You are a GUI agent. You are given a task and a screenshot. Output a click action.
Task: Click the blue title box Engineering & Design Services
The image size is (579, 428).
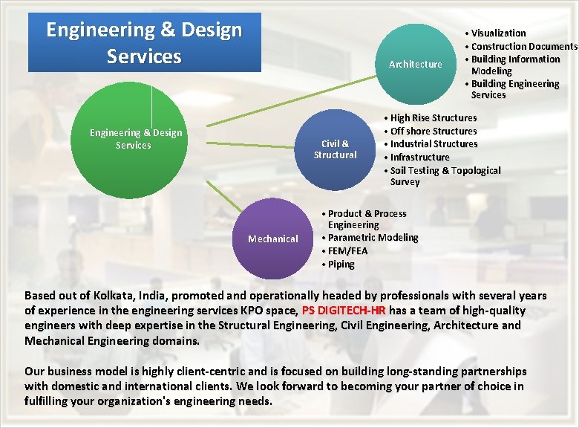[144, 42]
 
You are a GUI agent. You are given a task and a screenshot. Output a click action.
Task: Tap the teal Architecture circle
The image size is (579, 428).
[415, 65]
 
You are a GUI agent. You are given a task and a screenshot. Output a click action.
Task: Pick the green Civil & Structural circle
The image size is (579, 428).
[335, 149]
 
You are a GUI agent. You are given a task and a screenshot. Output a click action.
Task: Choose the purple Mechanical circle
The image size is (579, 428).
[273, 239]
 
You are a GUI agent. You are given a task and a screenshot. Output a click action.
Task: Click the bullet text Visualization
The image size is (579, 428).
[498, 33]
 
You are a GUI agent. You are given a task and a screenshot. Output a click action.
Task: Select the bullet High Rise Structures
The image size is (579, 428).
[434, 117]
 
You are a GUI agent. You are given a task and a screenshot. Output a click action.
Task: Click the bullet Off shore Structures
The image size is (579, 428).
[434, 131]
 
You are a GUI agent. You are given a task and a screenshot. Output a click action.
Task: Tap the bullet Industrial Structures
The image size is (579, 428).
[434, 143]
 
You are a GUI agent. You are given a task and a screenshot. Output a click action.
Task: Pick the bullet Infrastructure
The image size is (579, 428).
[419, 157]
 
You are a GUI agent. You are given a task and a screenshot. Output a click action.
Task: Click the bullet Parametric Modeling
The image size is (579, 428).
[373, 238]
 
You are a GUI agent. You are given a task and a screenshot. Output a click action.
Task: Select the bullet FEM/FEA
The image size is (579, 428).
[347, 251]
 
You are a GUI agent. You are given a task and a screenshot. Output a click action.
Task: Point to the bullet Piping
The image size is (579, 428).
[341, 264]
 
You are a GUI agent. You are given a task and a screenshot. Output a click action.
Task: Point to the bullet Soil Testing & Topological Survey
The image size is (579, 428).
[445, 176]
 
